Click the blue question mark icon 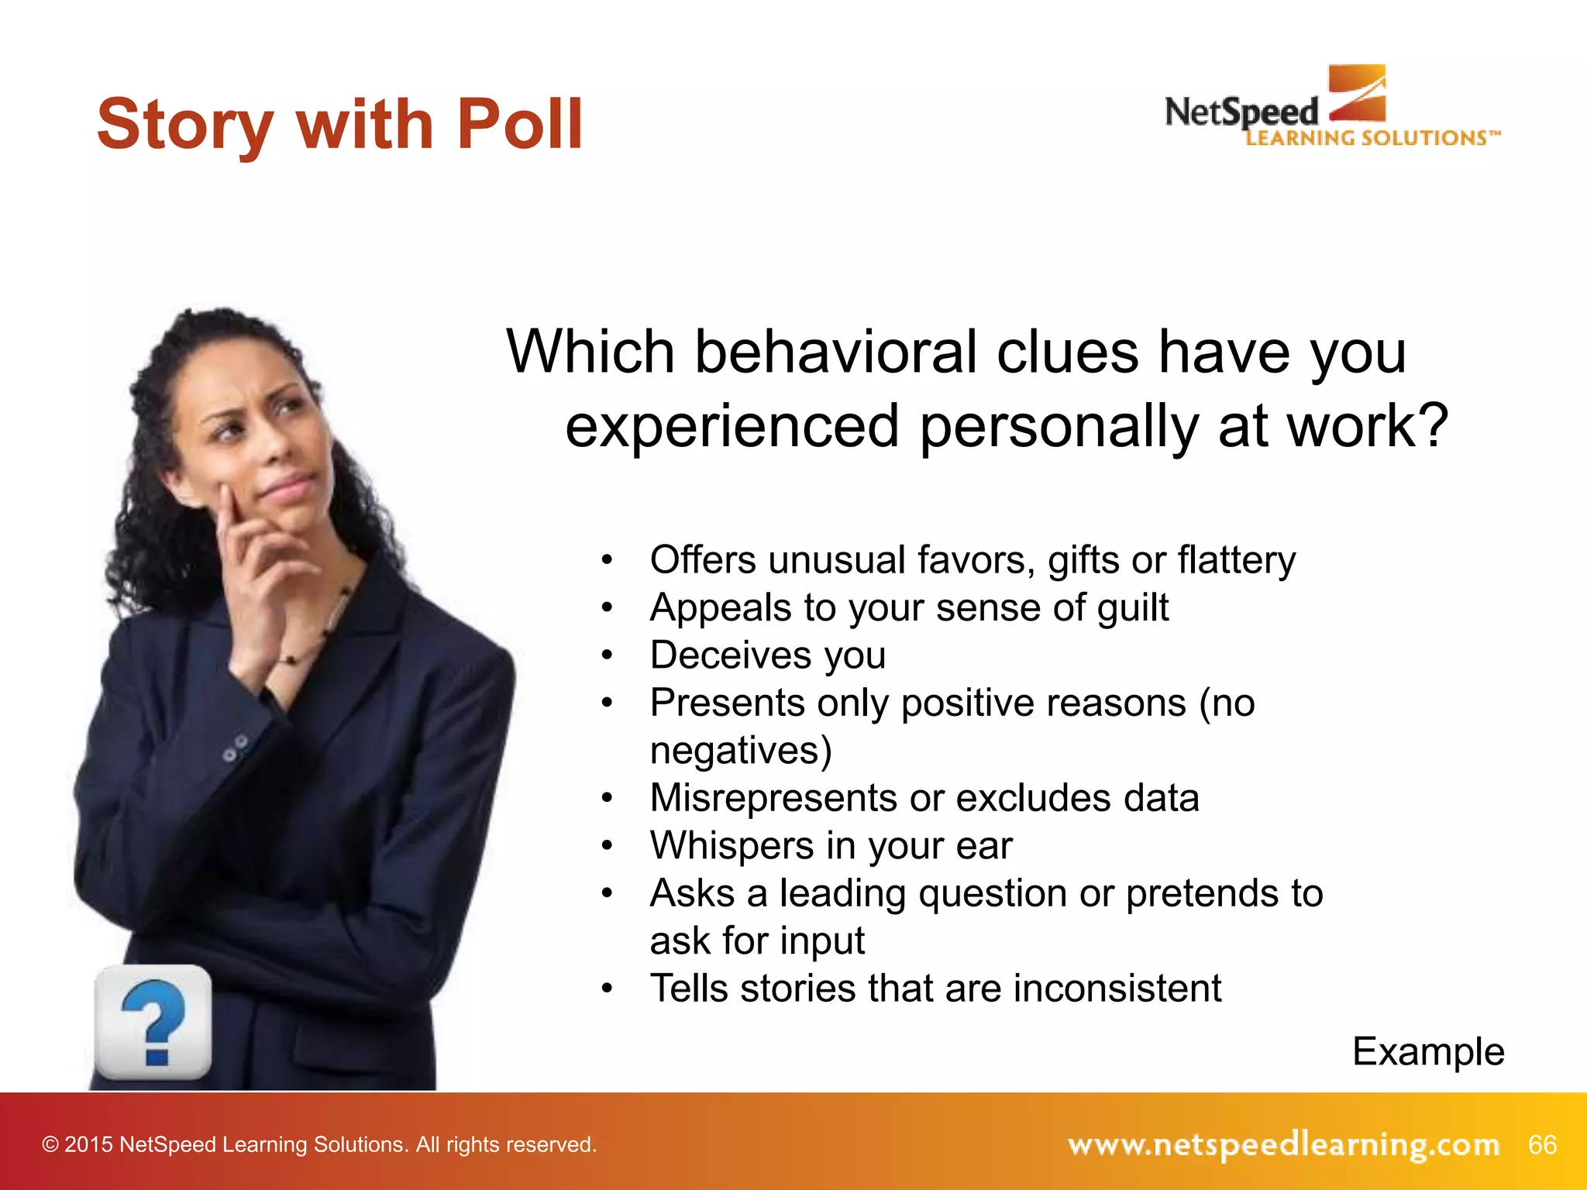153,1023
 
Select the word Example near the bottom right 1428,1052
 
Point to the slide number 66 1542,1144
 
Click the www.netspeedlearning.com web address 1283,1144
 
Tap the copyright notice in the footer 319,1144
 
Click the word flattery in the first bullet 1237,560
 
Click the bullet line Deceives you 767,655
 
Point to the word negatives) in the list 741,751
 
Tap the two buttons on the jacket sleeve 236,747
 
